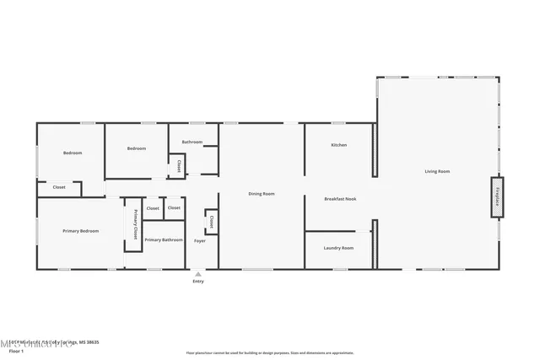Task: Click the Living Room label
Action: coord(436,171)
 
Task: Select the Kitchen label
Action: coord(338,145)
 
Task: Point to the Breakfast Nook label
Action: coord(341,199)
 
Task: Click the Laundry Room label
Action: coord(337,248)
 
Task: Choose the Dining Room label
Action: coord(262,194)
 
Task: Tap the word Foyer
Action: coord(200,241)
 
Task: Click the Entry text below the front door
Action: coord(197,282)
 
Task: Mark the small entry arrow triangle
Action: coord(197,274)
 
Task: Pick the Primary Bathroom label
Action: coord(164,240)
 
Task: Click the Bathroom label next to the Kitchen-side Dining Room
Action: coord(192,142)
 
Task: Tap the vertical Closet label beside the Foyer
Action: coord(211,223)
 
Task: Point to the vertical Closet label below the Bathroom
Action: coord(179,166)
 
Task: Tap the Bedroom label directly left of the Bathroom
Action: coord(137,148)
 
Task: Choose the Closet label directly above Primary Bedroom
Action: coord(59,187)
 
